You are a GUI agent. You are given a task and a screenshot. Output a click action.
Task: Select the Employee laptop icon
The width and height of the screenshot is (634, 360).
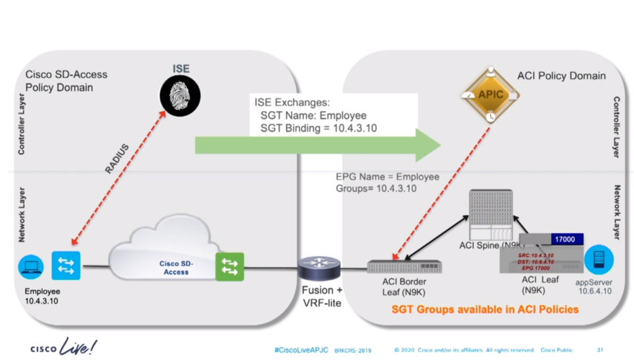tap(30, 266)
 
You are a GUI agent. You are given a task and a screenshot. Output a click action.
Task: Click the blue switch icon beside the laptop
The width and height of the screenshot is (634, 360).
tap(66, 266)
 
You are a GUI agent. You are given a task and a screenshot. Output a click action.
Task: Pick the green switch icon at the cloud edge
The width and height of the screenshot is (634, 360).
tap(229, 266)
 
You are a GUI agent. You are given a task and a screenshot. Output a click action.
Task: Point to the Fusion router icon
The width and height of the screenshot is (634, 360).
tap(319, 268)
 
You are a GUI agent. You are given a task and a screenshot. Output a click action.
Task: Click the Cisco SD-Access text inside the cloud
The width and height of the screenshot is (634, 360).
tap(176, 268)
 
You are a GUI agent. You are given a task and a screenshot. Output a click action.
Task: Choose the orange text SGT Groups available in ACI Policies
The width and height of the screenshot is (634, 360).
tap(485, 309)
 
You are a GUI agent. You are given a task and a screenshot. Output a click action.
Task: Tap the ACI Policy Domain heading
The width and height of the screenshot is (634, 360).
tap(561, 76)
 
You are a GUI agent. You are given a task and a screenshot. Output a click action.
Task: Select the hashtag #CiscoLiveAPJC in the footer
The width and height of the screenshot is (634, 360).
tap(301, 350)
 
